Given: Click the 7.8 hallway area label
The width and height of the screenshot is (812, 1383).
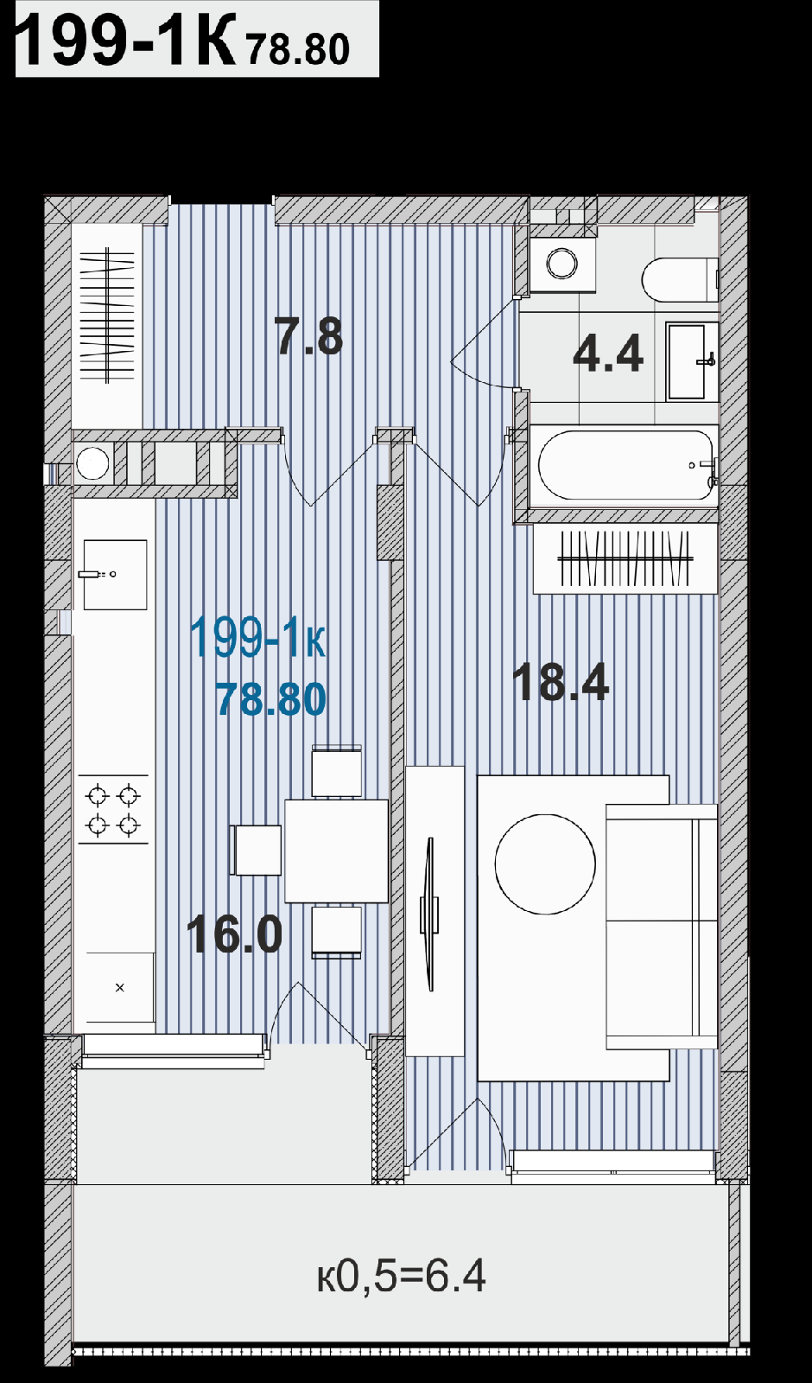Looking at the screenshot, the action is tap(308, 336).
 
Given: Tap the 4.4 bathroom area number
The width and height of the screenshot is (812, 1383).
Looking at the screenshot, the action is tap(608, 354).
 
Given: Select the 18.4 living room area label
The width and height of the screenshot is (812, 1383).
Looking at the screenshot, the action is tap(561, 682).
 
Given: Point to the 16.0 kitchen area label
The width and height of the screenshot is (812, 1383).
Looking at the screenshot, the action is tap(234, 934).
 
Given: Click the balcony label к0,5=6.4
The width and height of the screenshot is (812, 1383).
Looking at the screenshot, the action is tap(401, 1276).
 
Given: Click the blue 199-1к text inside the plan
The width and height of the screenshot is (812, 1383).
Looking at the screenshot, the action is tap(257, 638).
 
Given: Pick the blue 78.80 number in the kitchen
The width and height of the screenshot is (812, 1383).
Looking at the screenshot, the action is tap(271, 699).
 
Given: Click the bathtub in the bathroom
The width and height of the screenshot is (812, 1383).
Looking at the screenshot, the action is tap(625, 465).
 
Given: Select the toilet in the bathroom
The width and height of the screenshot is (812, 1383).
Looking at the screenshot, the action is tap(679, 280).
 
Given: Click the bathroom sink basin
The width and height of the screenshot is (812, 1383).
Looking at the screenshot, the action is tap(686, 360).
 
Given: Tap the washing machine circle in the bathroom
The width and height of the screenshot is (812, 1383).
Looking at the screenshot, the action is tap(561, 263).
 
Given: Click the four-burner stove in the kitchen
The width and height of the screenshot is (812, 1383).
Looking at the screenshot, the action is tap(113, 809).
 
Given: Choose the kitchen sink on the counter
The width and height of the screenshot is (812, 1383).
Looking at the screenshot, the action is tap(116, 575).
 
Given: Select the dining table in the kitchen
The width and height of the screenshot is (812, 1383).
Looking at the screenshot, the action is tap(336, 851).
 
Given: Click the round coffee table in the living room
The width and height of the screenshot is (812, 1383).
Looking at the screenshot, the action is tap(545, 864).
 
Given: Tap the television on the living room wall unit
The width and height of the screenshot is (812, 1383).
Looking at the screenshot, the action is tap(430, 914).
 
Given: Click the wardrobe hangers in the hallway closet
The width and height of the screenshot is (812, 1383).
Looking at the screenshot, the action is tap(107, 315).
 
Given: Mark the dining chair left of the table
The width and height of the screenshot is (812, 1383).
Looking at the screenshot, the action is tap(256, 851).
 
